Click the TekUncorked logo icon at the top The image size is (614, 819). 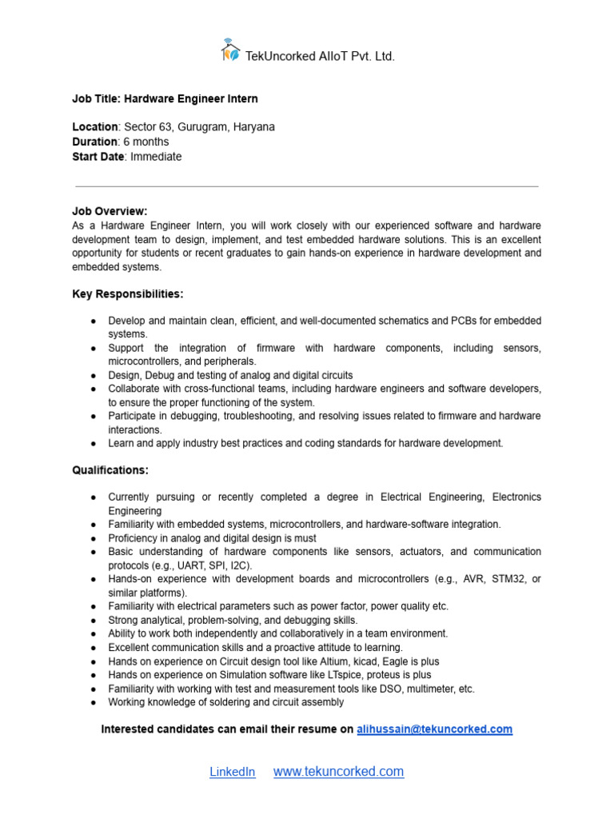click(x=230, y=50)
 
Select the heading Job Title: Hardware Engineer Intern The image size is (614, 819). click(x=165, y=99)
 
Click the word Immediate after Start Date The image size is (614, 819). click(x=156, y=157)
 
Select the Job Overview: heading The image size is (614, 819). click(x=110, y=211)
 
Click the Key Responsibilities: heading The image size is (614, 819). click(x=127, y=294)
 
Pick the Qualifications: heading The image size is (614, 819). click(x=110, y=470)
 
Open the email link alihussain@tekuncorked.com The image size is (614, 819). click(x=434, y=729)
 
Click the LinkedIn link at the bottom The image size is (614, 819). click(x=233, y=772)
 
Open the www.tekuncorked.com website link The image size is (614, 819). click(x=338, y=772)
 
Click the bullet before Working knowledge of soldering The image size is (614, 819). click(x=94, y=703)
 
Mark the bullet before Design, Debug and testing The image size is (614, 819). click(x=94, y=375)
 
